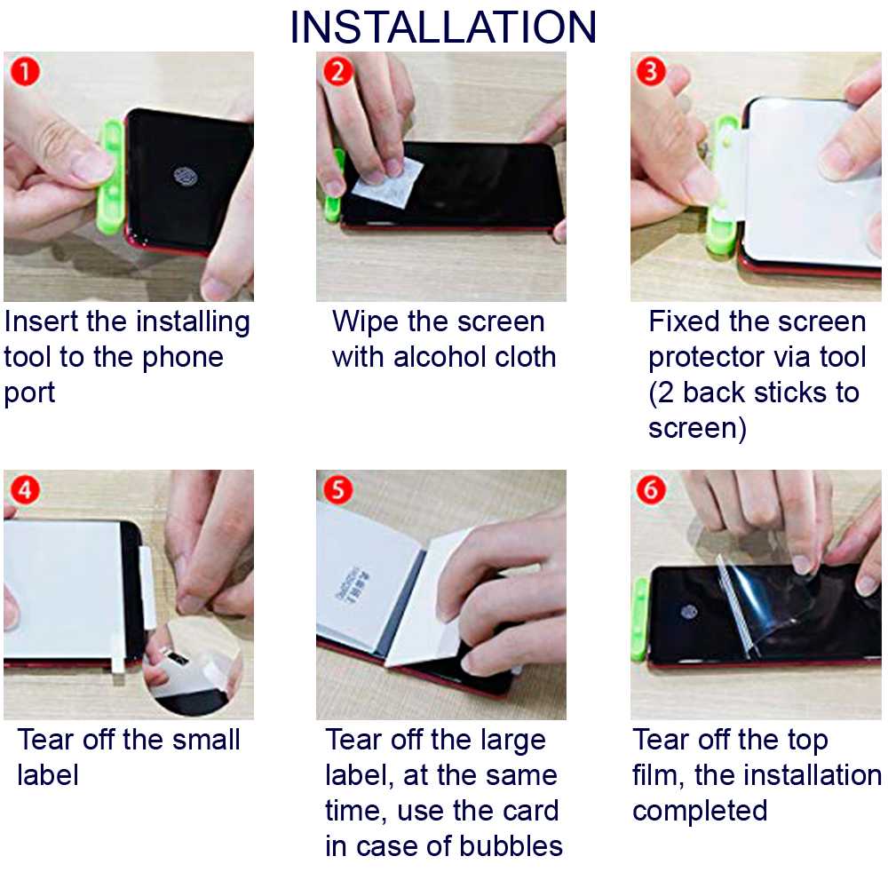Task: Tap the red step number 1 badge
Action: [x=23, y=71]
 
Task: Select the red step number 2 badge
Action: [x=337, y=71]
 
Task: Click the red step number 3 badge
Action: [x=651, y=71]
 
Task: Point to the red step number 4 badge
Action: [x=23, y=489]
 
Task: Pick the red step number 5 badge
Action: [x=337, y=489]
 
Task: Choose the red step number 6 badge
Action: [x=651, y=489]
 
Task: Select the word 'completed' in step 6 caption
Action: [x=700, y=811]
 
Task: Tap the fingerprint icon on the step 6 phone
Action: [x=688, y=611]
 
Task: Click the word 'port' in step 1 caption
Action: [x=29, y=392]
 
